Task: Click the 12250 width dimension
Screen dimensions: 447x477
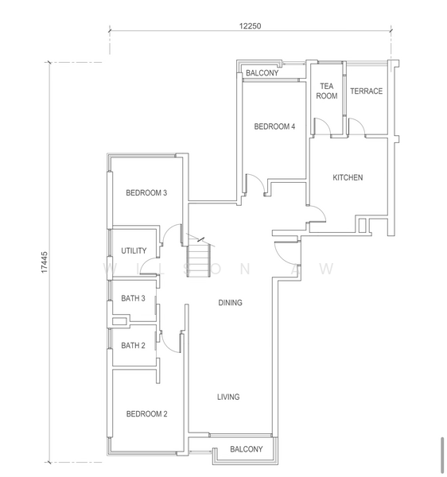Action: point(250,26)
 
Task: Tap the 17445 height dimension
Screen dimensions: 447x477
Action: point(45,262)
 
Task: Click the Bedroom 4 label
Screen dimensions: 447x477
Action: point(274,126)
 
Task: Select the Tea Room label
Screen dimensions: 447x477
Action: point(327,91)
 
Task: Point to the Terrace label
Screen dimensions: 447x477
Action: point(367,91)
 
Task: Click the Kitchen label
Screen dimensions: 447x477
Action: point(348,177)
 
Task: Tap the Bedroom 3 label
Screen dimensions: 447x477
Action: point(146,192)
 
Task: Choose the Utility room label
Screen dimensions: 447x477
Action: point(134,250)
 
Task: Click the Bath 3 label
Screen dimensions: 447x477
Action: point(133,298)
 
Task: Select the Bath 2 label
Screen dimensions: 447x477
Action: point(133,345)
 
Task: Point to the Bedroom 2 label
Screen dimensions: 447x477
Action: point(146,413)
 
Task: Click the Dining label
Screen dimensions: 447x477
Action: point(231,302)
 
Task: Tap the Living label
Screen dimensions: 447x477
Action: point(228,397)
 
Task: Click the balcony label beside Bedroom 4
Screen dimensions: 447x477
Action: point(262,73)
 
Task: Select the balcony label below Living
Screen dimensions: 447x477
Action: point(247,449)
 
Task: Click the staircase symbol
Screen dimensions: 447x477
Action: point(199,257)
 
